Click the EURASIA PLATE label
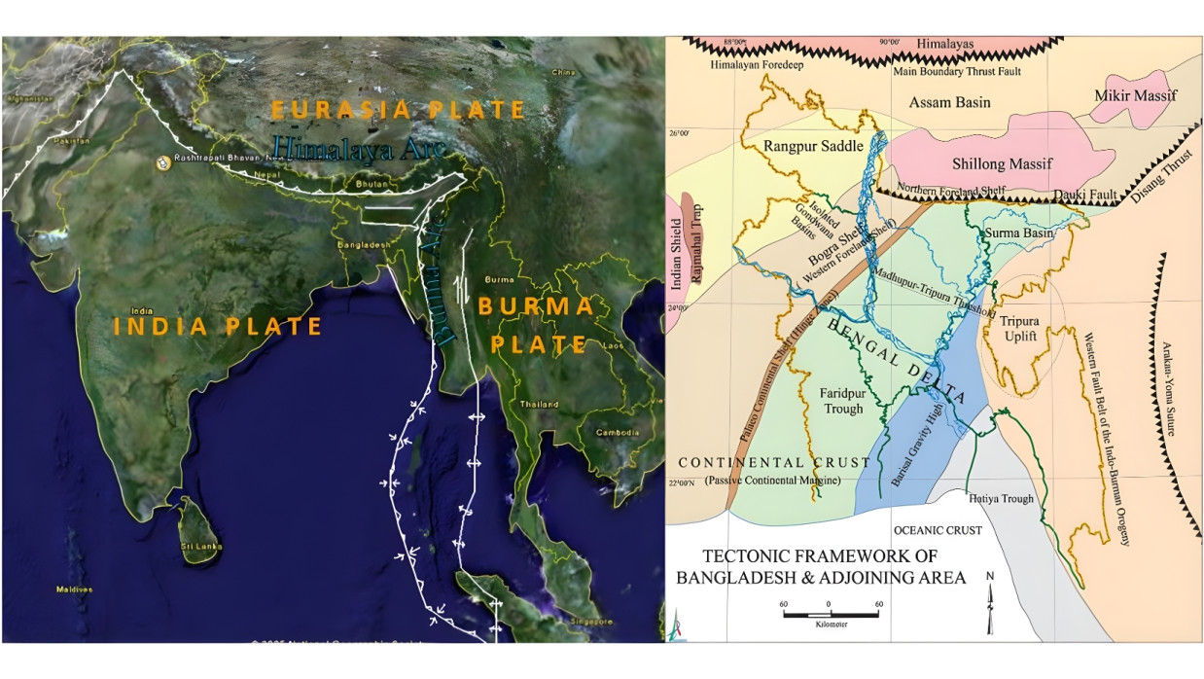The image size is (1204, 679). point(398,110)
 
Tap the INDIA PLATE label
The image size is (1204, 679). point(218,327)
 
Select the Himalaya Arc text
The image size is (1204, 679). point(359,148)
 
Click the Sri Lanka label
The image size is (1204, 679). point(198,548)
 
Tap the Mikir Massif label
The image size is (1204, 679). point(1135,95)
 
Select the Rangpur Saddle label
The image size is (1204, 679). point(799,146)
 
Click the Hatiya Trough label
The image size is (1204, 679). point(1001,499)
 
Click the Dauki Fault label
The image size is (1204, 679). point(1088,195)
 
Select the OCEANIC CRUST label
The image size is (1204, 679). point(937,530)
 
